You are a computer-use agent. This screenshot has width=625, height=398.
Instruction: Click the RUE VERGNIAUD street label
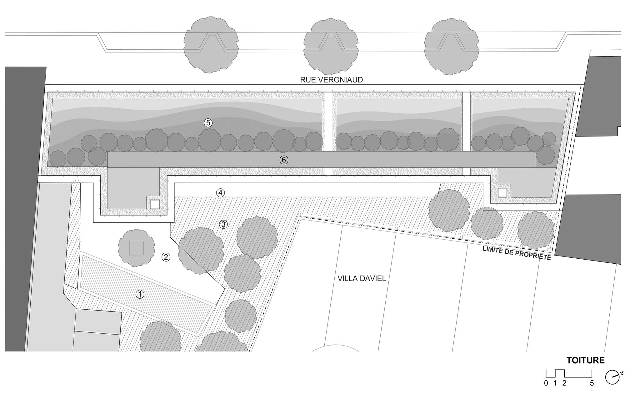(331, 80)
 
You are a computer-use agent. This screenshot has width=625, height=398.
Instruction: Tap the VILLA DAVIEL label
(362, 278)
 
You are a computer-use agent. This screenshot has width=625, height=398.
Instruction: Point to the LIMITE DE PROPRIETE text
(517, 253)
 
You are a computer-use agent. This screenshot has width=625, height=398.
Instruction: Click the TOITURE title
(585, 360)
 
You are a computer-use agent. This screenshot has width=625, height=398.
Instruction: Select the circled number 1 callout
(140, 294)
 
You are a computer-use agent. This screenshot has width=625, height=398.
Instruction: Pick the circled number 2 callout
(166, 257)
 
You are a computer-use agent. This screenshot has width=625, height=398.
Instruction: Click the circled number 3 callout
(223, 224)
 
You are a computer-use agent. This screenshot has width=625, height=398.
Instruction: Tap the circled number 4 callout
(220, 193)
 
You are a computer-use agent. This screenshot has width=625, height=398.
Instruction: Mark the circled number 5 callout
(208, 123)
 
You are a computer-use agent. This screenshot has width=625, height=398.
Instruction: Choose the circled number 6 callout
(283, 160)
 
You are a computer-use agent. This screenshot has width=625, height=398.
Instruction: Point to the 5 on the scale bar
(592, 383)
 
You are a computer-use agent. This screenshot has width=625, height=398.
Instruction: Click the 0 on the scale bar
(546, 383)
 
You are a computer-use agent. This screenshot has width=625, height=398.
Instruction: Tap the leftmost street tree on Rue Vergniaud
(211, 45)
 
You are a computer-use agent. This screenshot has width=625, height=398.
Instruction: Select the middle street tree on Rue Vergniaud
(331, 47)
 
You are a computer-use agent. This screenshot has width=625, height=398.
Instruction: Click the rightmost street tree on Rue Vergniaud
(451, 46)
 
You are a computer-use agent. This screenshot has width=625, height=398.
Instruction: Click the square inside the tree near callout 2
(137, 248)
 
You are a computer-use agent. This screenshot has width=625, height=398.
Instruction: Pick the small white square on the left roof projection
(155, 204)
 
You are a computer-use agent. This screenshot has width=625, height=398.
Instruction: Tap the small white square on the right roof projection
(502, 192)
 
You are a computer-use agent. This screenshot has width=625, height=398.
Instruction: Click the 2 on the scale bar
(564, 383)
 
